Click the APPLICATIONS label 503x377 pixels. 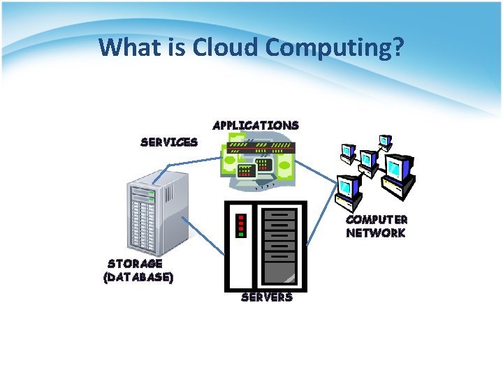point(256,126)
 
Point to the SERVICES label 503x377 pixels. point(169,142)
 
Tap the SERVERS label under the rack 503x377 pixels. point(266,297)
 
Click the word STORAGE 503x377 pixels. point(136,264)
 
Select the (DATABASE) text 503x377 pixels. point(138,276)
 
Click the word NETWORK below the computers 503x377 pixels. point(375,233)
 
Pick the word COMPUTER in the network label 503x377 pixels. point(377,220)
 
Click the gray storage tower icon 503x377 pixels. point(152,217)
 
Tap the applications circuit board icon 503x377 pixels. point(258,164)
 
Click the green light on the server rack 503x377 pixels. point(240,235)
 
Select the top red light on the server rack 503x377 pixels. point(240,216)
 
